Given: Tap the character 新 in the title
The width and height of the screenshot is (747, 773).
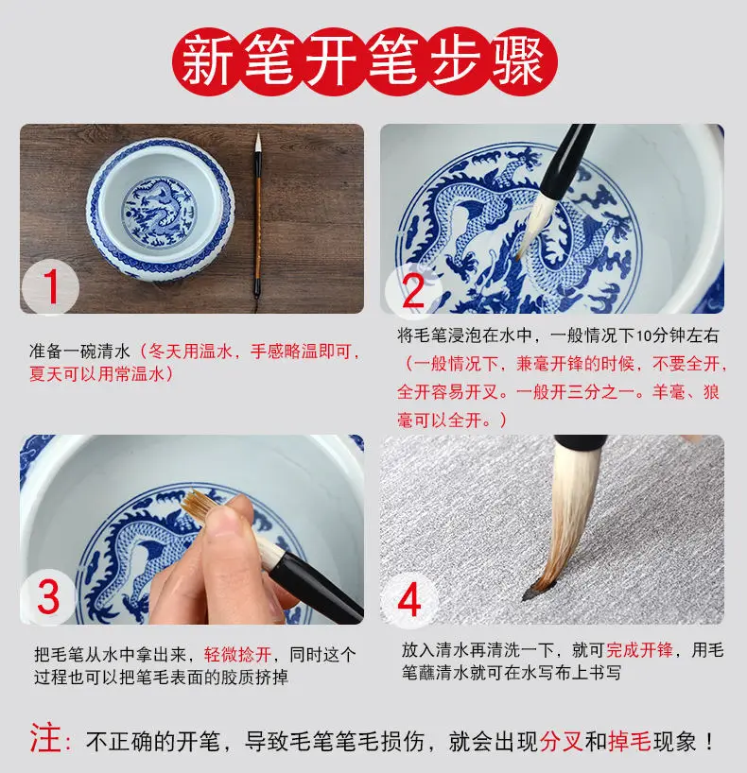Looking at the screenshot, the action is click(207, 62).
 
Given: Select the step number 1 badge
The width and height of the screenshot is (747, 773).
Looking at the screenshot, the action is click(51, 287).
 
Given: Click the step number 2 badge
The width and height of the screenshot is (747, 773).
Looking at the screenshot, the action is click(413, 291).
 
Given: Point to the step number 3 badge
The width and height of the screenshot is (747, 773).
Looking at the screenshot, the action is click(48, 596).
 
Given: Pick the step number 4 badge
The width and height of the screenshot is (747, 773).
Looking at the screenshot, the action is click(409, 600).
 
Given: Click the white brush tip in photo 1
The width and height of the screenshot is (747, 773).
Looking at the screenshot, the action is click(257, 143).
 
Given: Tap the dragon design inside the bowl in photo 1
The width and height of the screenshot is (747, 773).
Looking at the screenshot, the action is click(158, 213).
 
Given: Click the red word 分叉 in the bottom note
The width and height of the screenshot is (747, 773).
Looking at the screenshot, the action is click(561, 741).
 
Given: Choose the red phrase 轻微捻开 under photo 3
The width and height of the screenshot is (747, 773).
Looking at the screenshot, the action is click(237, 655).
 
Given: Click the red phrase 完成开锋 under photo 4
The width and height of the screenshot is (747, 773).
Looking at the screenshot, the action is click(639, 650).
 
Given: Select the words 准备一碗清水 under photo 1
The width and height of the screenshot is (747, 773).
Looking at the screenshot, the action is click(79, 352).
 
